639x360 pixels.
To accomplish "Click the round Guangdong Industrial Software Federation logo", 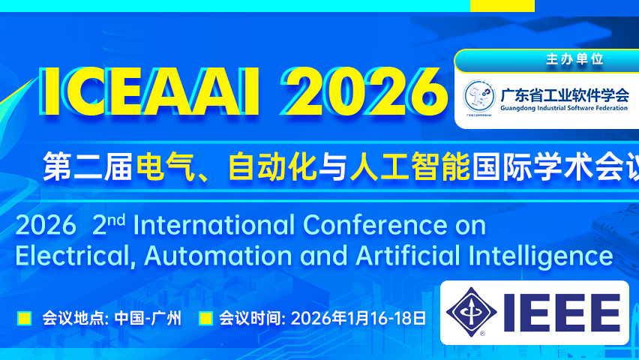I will click(478, 96).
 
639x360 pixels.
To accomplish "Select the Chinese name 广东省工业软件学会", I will click(565, 93).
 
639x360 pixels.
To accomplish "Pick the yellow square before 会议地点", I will click(24, 318).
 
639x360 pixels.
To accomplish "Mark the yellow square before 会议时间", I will click(205, 318).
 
